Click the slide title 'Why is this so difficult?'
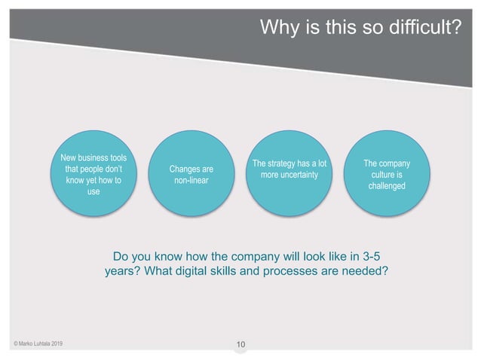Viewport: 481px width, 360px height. pyautogui.click(x=360, y=28)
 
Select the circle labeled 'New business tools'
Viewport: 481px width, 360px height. pyautogui.click(x=93, y=175)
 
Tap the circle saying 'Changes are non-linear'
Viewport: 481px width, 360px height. pyautogui.click(x=189, y=175)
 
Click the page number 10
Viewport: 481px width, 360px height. pyautogui.click(x=240, y=346)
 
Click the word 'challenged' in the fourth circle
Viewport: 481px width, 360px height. pyautogui.click(x=386, y=186)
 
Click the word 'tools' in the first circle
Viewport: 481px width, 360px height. pyautogui.click(x=115, y=158)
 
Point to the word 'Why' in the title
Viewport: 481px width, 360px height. pyautogui.click(x=275, y=28)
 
